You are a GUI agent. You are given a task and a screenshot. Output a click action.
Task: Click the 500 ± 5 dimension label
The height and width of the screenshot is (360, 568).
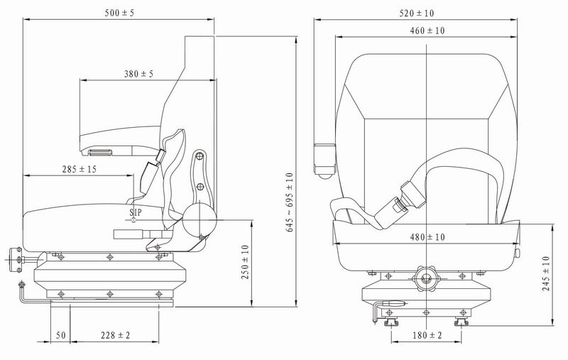(x=119, y=13)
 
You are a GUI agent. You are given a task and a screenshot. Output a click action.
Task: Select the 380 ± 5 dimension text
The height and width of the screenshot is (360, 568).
(x=138, y=74)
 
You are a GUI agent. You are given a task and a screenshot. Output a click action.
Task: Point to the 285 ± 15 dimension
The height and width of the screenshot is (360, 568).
(x=80, y=169)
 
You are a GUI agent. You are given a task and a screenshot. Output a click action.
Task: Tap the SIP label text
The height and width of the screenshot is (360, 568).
(x=136, y=212)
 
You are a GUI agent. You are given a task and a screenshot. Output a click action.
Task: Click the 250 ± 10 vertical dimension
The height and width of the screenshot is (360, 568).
(x=245, y=262)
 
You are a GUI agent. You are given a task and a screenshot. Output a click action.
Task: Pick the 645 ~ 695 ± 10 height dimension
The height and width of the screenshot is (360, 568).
(x=290, y=202)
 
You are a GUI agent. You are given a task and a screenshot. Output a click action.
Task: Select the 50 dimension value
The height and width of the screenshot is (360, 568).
(x=60, y=335)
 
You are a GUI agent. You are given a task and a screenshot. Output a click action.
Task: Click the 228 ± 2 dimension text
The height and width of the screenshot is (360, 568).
(x=115, y=335)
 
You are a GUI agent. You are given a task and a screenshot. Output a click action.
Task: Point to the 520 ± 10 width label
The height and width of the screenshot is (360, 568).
(x=417, y=13)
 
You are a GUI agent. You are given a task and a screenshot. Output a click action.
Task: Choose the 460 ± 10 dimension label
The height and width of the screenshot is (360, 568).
(x=427, y=31)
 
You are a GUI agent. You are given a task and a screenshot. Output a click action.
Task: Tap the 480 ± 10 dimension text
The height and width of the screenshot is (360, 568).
(x=427, y=237)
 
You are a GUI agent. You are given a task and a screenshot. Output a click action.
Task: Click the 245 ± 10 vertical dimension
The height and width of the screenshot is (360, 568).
(x=546, y=273)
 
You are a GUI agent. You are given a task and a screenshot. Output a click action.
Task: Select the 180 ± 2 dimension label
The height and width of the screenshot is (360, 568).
(x=427, y=335)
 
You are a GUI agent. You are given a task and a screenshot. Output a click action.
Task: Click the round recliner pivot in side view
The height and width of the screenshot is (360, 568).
(x=200, y=220)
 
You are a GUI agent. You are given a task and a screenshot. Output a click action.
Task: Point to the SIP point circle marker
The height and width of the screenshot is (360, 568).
(x=133, y=220)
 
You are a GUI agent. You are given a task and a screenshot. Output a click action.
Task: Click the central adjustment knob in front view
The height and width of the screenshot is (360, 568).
(x=427, y=278)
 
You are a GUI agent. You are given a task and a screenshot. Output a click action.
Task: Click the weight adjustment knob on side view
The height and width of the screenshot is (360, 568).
(x=16, y=259)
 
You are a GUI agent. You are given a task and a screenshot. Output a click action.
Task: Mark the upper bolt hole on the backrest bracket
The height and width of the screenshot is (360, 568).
(x=199, y=156)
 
